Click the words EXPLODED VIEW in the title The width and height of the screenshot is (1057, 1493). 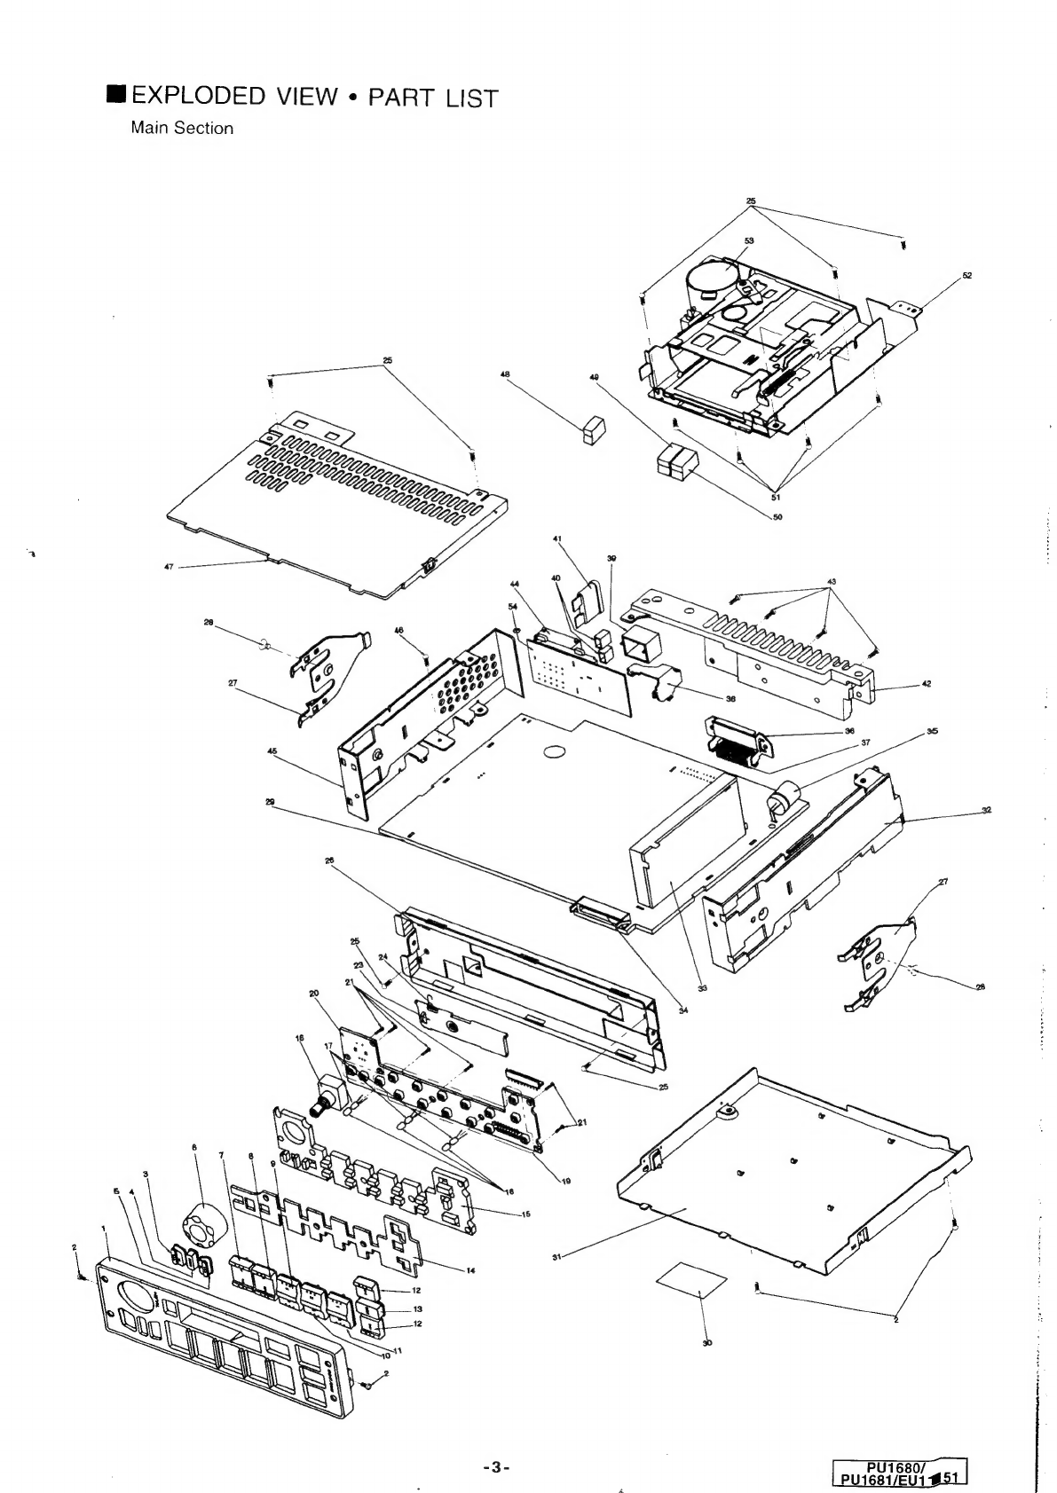pyautogui.click(x=233, y=96)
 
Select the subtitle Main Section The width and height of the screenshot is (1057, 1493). pyautogui.click(x=182, y=128)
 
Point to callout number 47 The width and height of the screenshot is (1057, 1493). pyautogui.click(x=169, y=566)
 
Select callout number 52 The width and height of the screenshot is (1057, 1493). pyautogui.click(x=966, y=275)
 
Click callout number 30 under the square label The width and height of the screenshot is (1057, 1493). pyautogui.click(x=707, y=1343)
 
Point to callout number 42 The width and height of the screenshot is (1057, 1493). pyautogui.click(x=927, y=683)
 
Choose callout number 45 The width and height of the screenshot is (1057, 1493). pyautogui.click(x=272, y=750)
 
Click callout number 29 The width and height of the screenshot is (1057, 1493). pyautogui.click(x=270, y=801)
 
